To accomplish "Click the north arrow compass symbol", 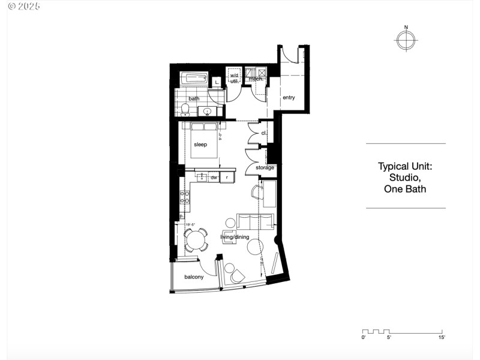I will (406, 40).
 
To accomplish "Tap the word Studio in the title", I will (405, 178).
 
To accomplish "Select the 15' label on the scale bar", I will (441, 338).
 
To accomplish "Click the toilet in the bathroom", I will (185, 109).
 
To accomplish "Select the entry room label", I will (289, 98).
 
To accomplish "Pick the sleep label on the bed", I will (200, 145).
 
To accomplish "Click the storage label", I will (265, 167).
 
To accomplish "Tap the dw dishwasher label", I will (214, 178).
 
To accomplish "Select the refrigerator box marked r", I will (227, 178).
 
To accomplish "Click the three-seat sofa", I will (256, 220).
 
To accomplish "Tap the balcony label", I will (193, 277).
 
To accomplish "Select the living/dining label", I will (234, 237).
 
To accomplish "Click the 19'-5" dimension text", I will (191, 225).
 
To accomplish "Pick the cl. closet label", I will (263, 133).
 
